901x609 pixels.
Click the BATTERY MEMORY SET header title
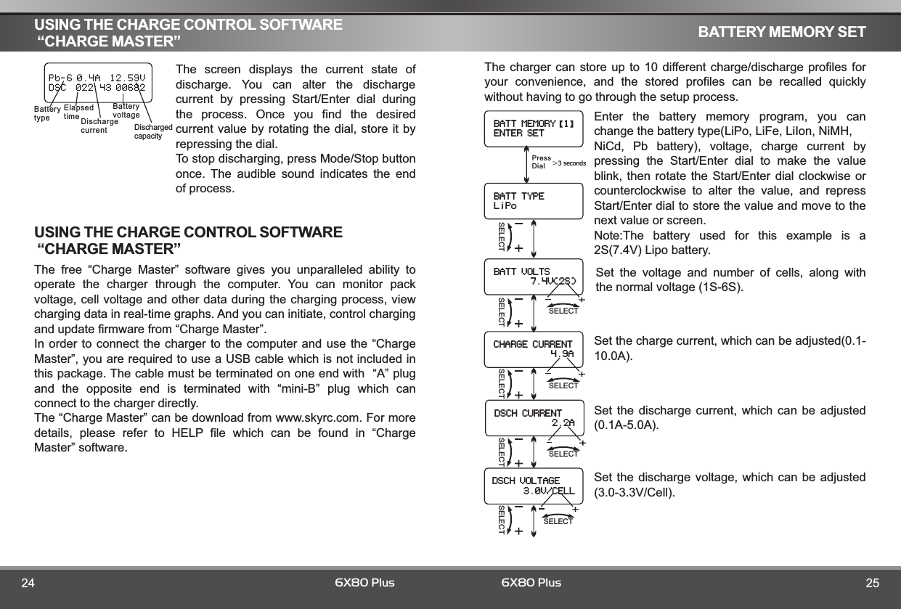(781, 32)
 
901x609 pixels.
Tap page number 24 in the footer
(28, 583)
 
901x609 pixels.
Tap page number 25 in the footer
(872, 583)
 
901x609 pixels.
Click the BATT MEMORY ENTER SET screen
(534, 128)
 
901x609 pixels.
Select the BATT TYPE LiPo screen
(534, 200)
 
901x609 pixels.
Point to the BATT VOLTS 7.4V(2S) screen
(534, 277)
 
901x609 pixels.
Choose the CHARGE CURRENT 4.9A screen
(534, 349)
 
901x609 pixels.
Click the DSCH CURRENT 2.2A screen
(534, 418)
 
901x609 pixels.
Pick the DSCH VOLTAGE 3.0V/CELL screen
(534, 486)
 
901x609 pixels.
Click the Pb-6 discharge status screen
(97, 82)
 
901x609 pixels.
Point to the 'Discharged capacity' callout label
(153, 131)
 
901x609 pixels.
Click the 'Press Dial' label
(541, 161)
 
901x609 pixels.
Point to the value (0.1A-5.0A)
(627, 425)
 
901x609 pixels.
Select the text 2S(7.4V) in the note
(625, 250)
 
